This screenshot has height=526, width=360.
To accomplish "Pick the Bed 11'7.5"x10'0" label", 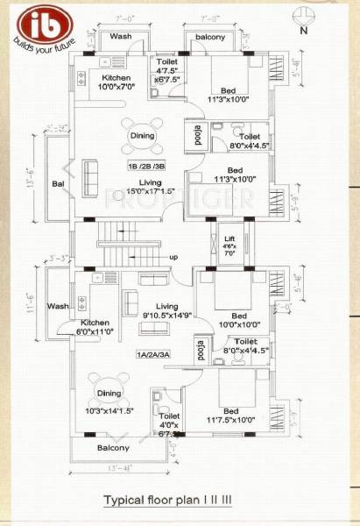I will [x=232, y=416].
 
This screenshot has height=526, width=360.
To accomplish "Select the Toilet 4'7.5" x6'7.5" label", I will [x=167, y=69].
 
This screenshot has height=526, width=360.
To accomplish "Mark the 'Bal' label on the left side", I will [x=58, y=185].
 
